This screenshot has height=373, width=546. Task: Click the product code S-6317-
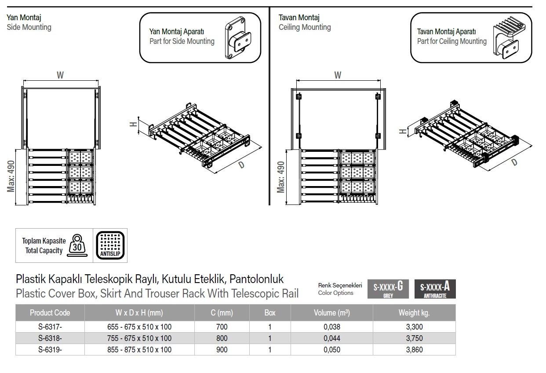[x=50, y=327]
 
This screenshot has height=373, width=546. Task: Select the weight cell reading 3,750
[x=414, y=338]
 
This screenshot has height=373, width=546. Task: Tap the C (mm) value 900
[x=222, y=350]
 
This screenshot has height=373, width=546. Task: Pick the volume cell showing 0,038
[x=332, y=327]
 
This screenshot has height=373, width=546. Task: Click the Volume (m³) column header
[x=332, y=313]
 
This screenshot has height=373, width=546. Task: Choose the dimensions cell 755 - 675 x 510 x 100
[x=139, y=338]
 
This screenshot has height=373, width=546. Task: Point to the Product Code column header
[x=50, y=313]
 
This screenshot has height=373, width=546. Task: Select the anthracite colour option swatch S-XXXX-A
[x=435, y=289]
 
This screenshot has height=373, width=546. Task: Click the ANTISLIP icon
[x=110, y=245]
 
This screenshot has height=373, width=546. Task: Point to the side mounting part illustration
[x=238, y=38]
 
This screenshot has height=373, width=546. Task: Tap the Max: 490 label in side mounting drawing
[x=11, y=176]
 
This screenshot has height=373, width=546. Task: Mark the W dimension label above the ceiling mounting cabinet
[x=338, y=75]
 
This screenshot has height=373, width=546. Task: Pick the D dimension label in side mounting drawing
[x=242, y=165]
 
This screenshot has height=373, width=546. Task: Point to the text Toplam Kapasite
[x=44, y=241]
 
